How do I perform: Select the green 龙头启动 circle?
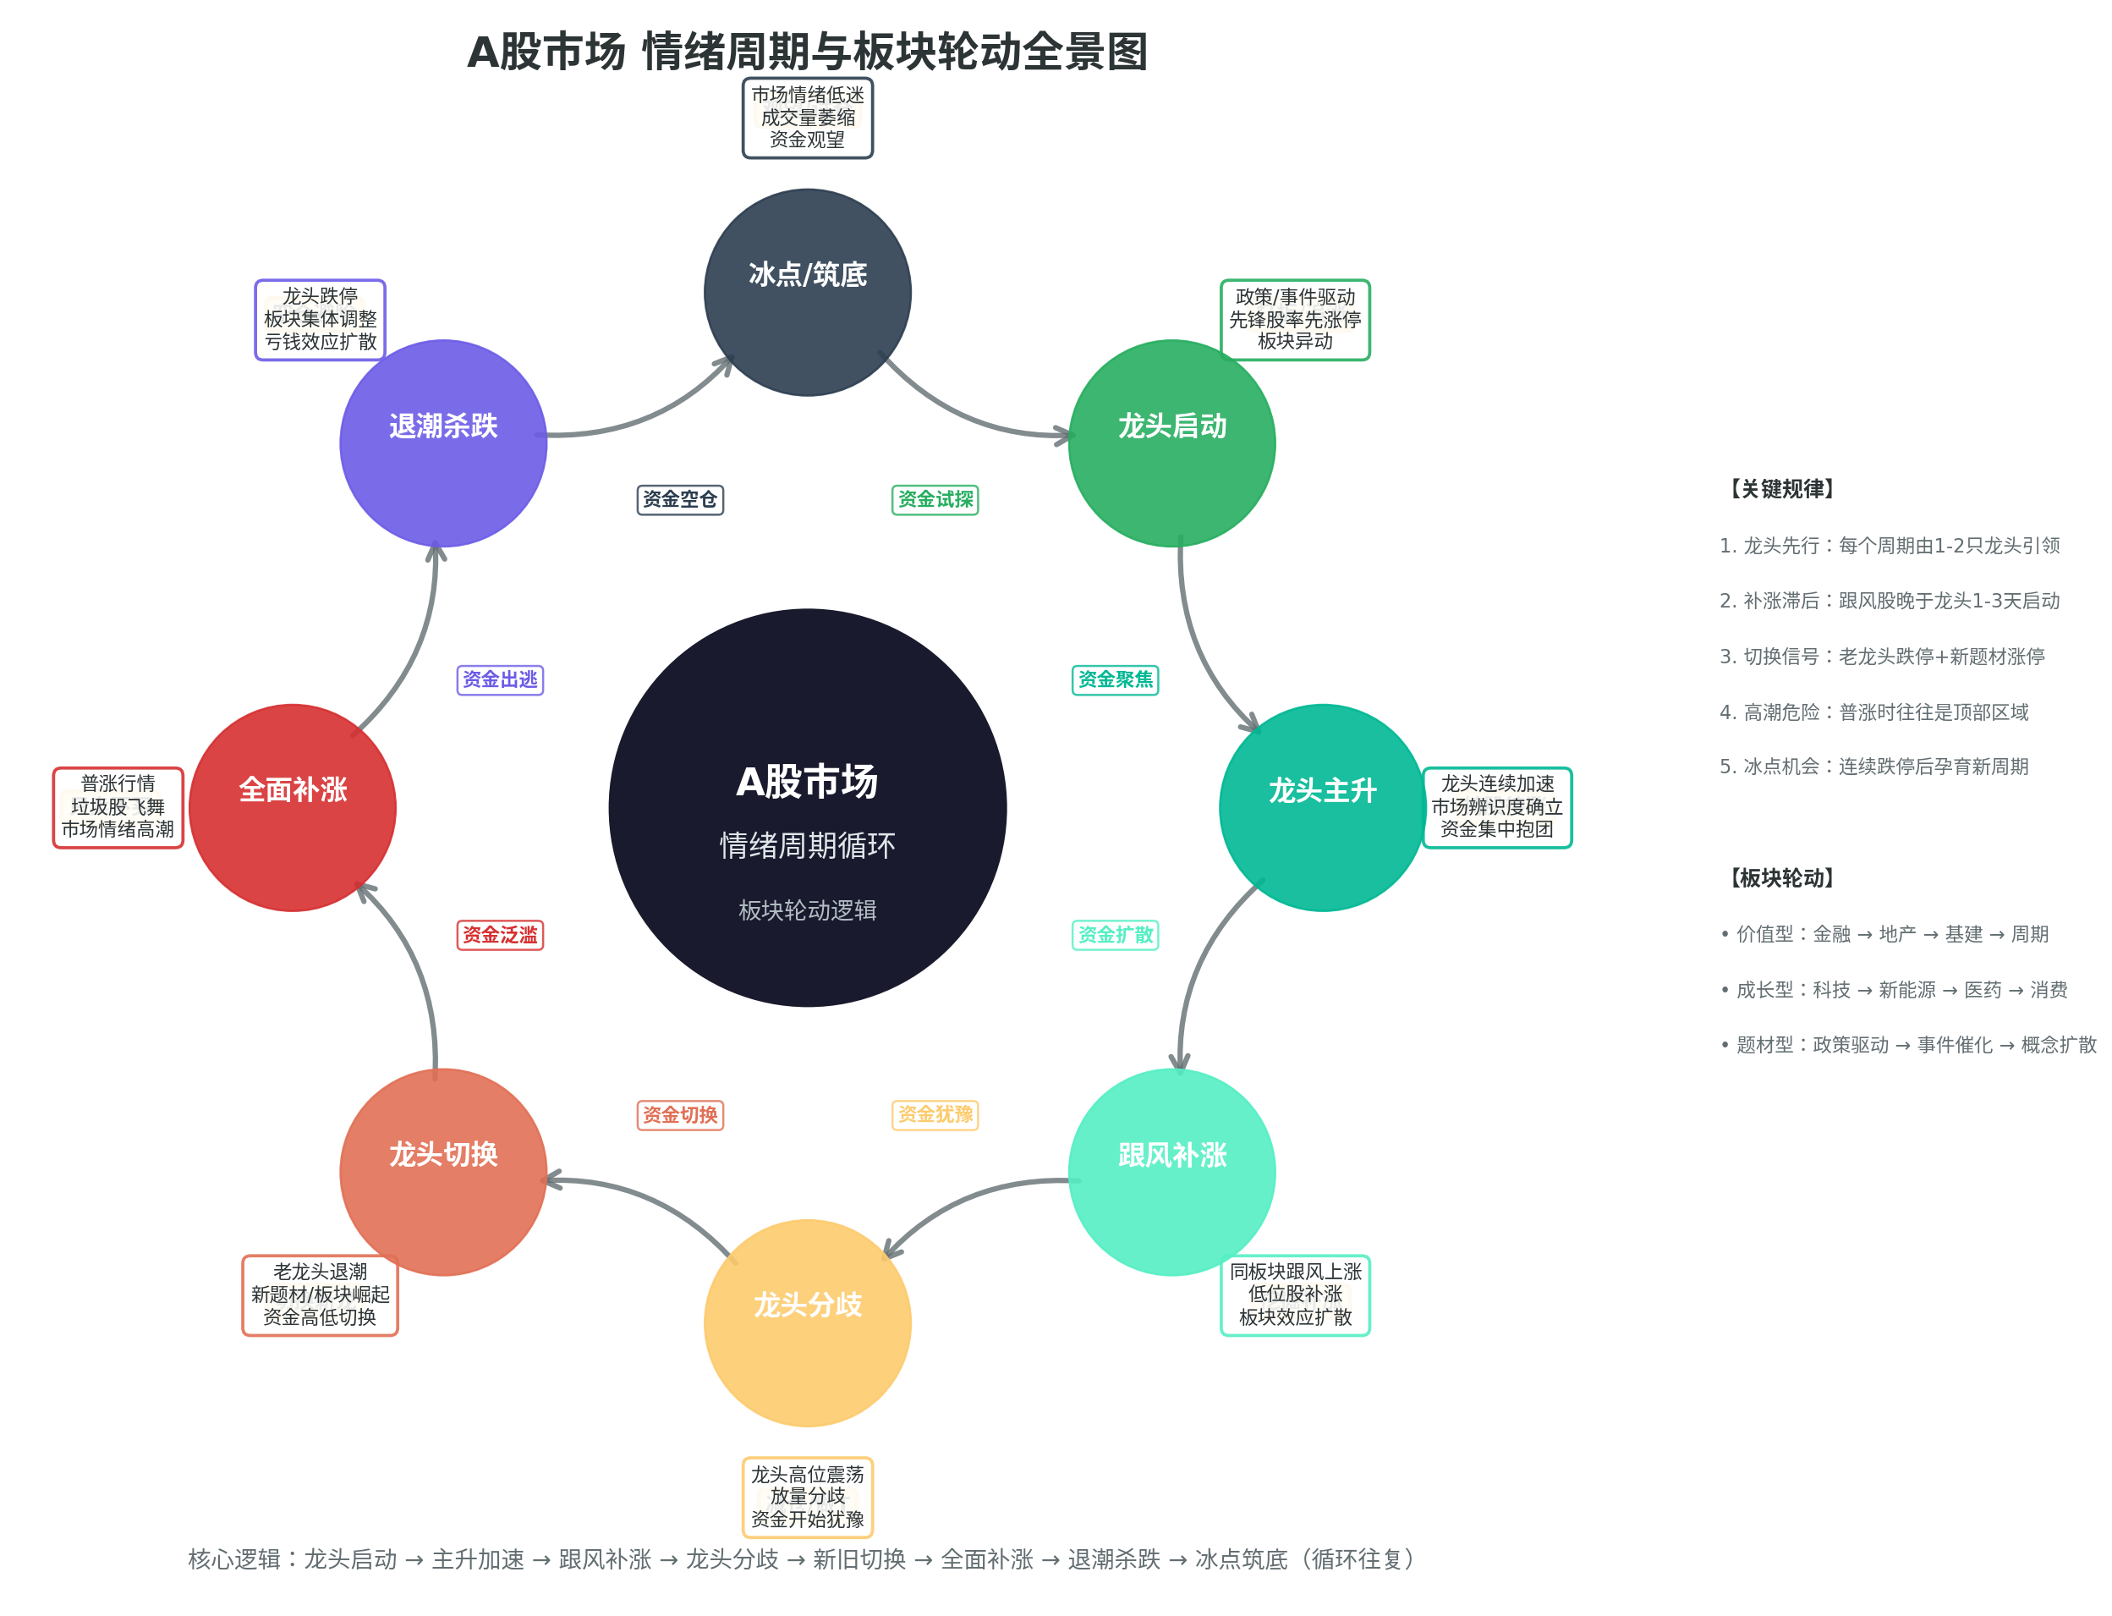(x=1171, y=442)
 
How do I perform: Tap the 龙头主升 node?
(x=1322, y=807)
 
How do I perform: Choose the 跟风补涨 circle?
(x=1171, y=1172)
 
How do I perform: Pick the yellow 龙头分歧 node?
(x=807, y=1322)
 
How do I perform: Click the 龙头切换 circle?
(x=442, y=1172)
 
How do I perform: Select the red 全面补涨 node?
(x=293, y=807)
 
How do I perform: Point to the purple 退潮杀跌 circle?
(x=442, y=442)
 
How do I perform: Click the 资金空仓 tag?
(x=680, y=499)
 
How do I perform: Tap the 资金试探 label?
(x=935, y=499)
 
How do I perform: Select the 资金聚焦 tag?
(x=1115, y=679)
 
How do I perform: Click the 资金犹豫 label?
(x=935, y=1114)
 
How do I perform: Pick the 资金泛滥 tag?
(x=500, y=934)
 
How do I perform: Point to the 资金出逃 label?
(x=500, y=679)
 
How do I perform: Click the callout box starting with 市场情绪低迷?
(x=807, y=118)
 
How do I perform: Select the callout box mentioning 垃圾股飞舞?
(x=118, y=807)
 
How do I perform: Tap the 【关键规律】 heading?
(x=1781, y=489)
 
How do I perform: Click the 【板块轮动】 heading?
(x=1781, y=877)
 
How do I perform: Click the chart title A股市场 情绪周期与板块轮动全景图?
(x=807, y=51)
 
